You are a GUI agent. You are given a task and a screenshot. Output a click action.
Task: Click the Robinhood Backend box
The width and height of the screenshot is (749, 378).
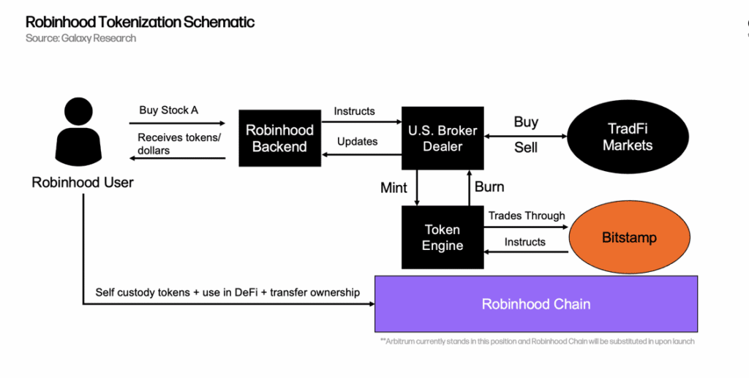(x=279, y=137)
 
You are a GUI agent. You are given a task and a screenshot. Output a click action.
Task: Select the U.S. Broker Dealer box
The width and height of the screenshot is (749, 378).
(x=443, y=137)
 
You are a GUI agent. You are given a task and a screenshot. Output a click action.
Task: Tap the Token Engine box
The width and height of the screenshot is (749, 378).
(x=443, y=237)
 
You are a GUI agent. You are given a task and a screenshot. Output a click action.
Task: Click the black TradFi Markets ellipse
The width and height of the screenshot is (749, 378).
(x=627, y=137)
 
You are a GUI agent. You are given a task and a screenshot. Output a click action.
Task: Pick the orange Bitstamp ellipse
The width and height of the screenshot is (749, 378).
(x=628, y=238)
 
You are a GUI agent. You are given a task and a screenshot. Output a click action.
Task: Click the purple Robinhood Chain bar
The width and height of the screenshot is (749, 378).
(x=535, y=304)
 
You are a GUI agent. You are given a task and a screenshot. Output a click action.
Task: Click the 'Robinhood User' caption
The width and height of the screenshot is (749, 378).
(x=83, y=183)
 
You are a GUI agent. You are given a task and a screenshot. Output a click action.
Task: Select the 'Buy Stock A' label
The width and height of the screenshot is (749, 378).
(x=168, y=110)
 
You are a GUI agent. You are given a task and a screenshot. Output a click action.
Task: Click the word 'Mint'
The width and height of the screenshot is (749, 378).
(x=394, y=188)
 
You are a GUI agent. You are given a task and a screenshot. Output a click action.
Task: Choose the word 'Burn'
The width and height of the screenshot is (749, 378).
(x=489, y=187)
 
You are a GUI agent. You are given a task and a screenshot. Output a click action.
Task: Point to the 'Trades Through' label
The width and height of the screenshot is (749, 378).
(x=527, y=216)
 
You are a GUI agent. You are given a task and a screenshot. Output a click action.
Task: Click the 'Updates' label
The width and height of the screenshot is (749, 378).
(x=357, y=141)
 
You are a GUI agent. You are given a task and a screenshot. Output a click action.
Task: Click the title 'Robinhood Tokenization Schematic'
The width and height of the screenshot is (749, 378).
(x=140, y=22)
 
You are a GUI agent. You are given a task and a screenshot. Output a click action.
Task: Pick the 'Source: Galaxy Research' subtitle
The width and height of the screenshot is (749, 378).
(x=80, y=38)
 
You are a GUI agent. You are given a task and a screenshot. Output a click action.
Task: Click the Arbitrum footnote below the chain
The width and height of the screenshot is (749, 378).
(x=536, y=341)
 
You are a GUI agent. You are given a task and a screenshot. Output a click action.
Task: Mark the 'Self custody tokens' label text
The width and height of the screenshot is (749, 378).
(x=227, y=292)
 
